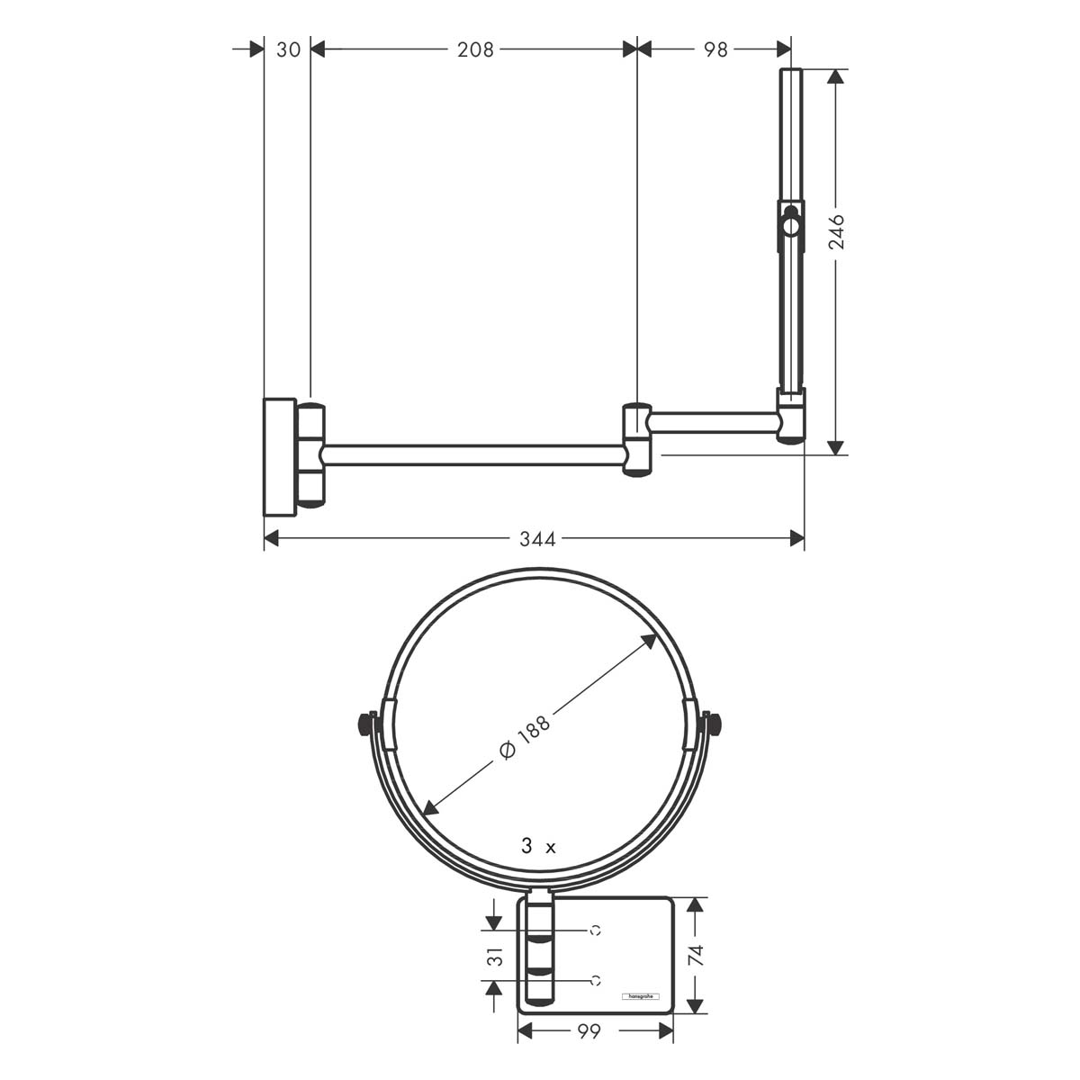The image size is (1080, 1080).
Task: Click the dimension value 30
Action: point(288,49)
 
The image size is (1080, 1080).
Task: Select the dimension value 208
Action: point(475,49)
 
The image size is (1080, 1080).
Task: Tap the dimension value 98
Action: point(715,49)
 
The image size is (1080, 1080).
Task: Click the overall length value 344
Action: point(537,539)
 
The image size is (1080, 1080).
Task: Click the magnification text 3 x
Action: point(538,846)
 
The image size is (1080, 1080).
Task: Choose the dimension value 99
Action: point(589,1032)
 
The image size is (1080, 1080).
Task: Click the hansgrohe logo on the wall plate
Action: point(642,996)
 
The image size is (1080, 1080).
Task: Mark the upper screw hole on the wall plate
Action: point(595,930)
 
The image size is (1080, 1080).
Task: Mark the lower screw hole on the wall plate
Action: point(595,979)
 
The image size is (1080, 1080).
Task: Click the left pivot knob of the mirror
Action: point(365,723)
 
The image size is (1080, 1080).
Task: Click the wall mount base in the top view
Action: point(279,456)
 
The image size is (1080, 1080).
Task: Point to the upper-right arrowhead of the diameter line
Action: point(650,639)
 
